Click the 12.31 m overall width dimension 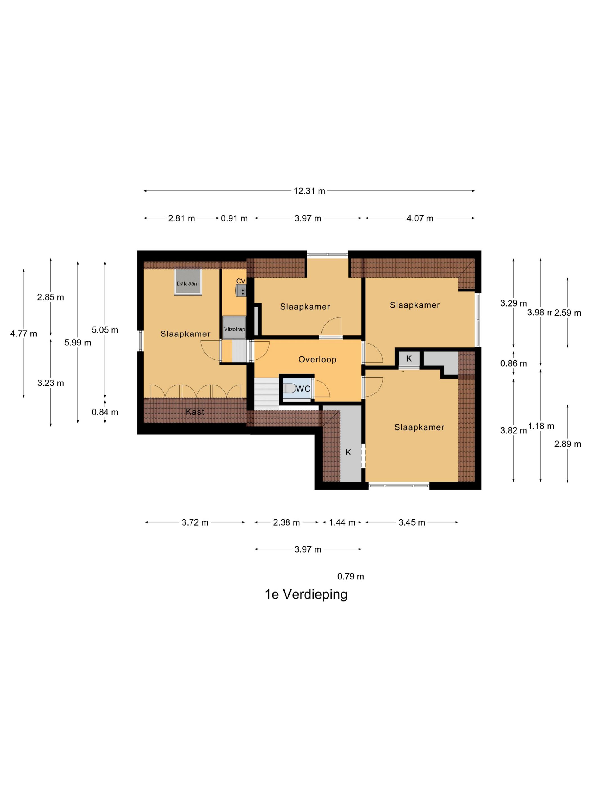coord(309,191)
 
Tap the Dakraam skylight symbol coord(188,282)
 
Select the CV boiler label coord(241,281)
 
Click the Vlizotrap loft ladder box coord(234,327)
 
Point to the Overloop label coord(317,360)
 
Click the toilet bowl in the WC coord(289,388)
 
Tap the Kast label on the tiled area coord(195,412)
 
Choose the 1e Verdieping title coord(306,594)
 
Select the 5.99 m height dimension coord(78,342)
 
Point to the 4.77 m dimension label coord(24,334)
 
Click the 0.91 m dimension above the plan coord(234,218)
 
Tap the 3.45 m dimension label coord(412,522)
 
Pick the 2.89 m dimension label coord(567,444)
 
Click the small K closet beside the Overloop coord(409,358)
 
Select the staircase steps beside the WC coord(267,394)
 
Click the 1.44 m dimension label coord(342,522)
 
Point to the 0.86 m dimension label coord(513,364)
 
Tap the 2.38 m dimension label coord(286,522)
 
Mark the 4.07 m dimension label coord(420,218)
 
